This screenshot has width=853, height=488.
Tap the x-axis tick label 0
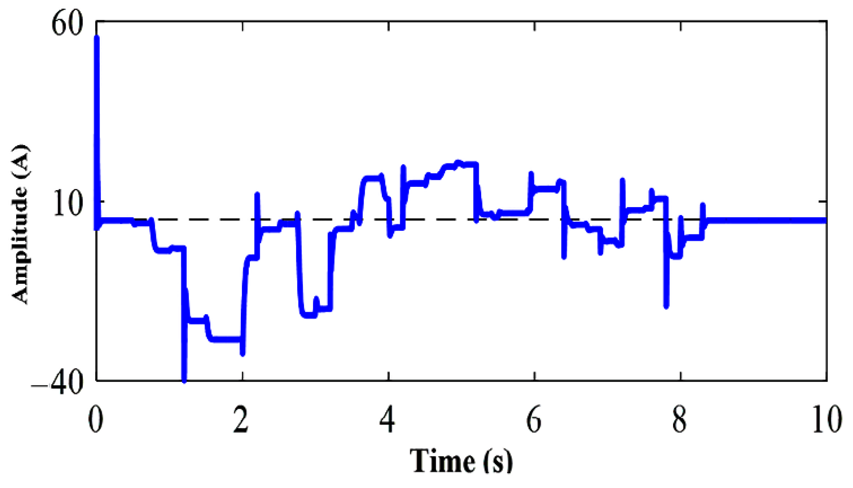96,420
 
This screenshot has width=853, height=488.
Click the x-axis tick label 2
241,420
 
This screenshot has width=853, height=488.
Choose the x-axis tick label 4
387,420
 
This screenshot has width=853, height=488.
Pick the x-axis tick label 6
534,420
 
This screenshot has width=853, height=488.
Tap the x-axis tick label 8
680,420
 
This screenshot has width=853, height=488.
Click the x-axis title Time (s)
461,461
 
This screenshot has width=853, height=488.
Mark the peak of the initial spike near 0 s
97,38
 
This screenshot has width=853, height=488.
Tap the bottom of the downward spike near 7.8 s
666,306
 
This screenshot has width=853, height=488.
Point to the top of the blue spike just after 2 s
257,194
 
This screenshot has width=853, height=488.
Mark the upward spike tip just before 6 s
531,174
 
